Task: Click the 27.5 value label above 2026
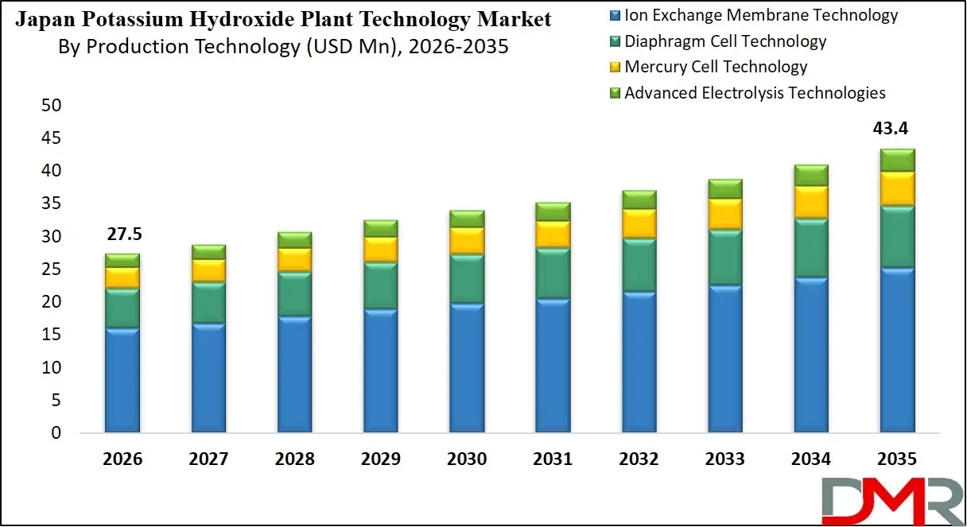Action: pyautogui.click(x=122, y=235)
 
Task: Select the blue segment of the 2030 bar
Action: pyautogui.click(x=467, y=368)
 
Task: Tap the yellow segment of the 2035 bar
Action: pyautogui.click(x=896, y=188)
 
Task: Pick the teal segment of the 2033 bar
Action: pyautogui.click(x=724, y=257)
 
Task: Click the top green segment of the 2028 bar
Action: pyautogui.click(x=294, y=239)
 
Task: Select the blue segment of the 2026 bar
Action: pyautogui.click(x=122, y=381)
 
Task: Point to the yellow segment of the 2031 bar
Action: pyautogui.click(x=553, y=234)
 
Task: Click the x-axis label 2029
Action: pyautogui.click(x=380, y=459)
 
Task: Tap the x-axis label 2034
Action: pyautogui.click(x=810, y=459)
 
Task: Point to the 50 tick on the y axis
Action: pyautogui.click(x=51, y=106)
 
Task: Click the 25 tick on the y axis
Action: pyautogui.click(x=51, y=269)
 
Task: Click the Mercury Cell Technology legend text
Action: pyautogui.click(x=716, y=67)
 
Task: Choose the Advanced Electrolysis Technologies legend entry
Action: pyautogui.click(x=755, y=93)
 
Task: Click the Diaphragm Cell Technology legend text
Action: pyautogui.click(x=725, y=41)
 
